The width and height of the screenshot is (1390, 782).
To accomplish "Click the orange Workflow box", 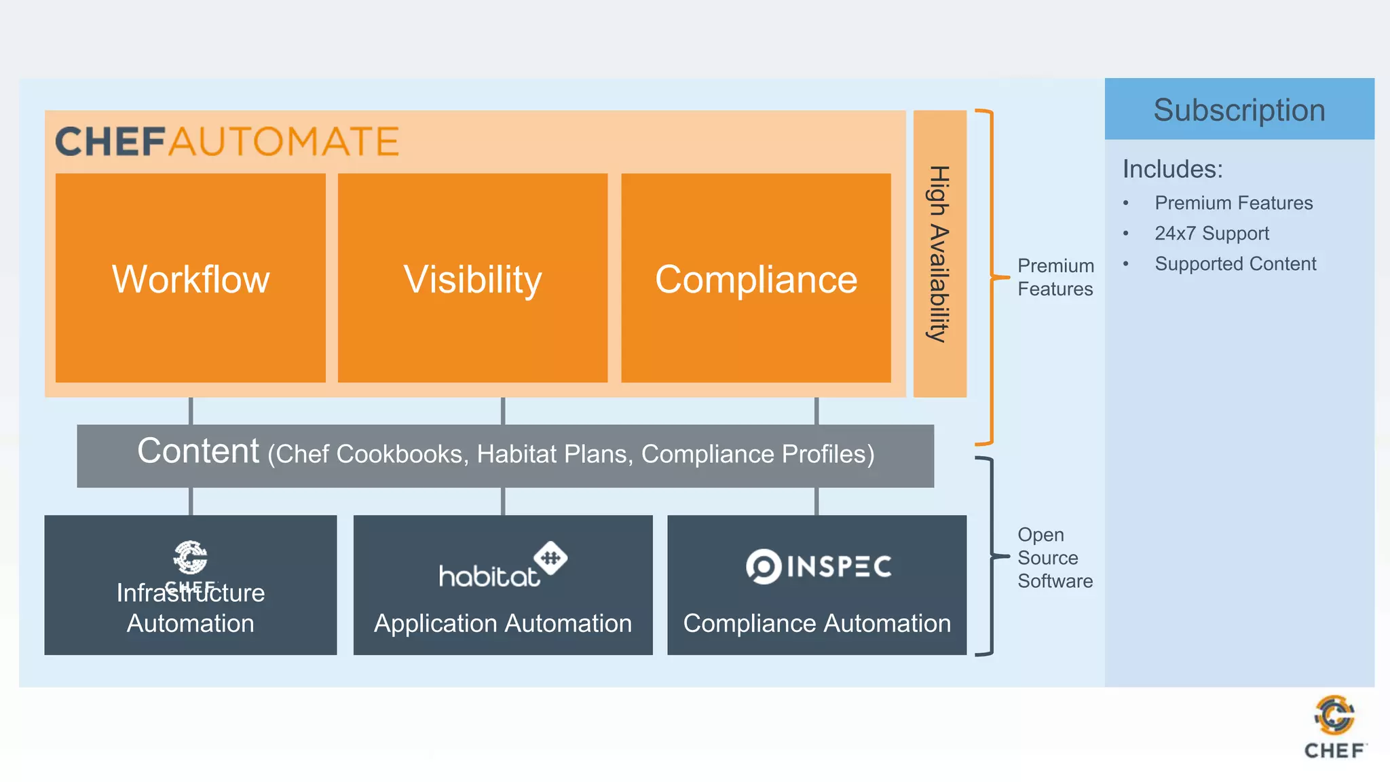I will [191, 278].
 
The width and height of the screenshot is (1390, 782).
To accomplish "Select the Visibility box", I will [472, 278].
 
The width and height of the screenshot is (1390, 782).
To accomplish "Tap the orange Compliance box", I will [755, 278].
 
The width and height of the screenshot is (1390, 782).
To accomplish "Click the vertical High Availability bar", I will [939, 254].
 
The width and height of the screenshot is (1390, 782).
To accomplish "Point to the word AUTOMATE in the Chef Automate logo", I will [284, 142].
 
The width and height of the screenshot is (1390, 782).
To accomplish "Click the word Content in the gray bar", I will [198, 451].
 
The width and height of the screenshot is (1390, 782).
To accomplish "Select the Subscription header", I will [1239, 110].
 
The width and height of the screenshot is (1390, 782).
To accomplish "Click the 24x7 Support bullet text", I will [1211, 234].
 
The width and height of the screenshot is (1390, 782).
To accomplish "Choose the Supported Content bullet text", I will [1235, 264].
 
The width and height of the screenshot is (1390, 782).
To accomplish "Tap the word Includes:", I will [1172, 169].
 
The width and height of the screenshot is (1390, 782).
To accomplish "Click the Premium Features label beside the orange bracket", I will [1055, 277].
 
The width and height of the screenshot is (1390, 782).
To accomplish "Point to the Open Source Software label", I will [1055, 558].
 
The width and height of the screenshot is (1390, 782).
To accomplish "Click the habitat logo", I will [502, 565].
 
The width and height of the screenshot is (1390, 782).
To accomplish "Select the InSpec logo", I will [819, 566].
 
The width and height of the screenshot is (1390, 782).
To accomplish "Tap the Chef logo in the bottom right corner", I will [1334, 726].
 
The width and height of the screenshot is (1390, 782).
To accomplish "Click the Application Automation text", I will [503, 623].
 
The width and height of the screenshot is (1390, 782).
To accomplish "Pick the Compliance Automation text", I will [816, 623].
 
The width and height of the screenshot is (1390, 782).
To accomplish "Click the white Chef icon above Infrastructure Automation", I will [190, 557].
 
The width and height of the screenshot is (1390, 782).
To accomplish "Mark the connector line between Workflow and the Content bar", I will [191, 411].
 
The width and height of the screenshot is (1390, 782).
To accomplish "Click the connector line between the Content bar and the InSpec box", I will [816, 502].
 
